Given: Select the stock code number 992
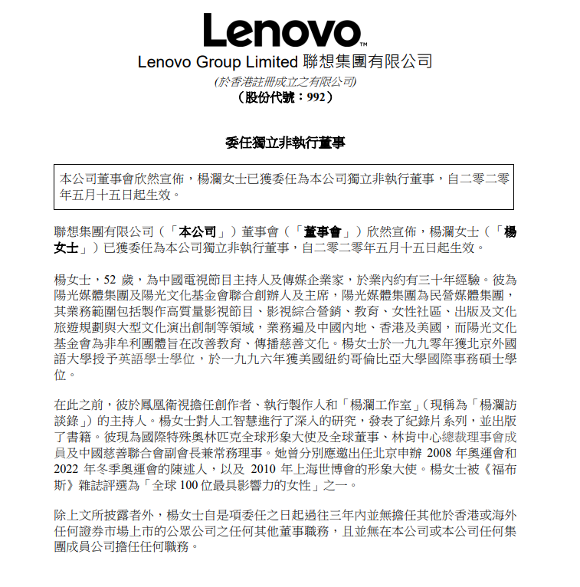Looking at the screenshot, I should (x=317, y=97).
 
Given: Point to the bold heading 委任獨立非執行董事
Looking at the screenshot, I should (x=285, y=143).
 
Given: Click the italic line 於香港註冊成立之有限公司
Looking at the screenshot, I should (x=285, y=81).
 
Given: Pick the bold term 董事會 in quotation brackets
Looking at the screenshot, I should (x=322, y=231).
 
